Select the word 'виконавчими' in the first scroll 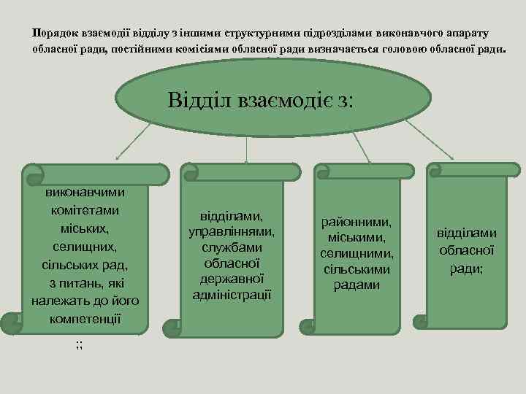[85, 192]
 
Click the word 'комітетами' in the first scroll [85, 210]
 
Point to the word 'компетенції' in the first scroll [85, 319]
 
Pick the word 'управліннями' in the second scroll [232, 232]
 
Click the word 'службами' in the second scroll [232, 247]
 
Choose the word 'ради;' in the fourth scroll [466, 268]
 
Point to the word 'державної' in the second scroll [232, 279]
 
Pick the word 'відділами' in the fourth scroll [466, 233]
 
